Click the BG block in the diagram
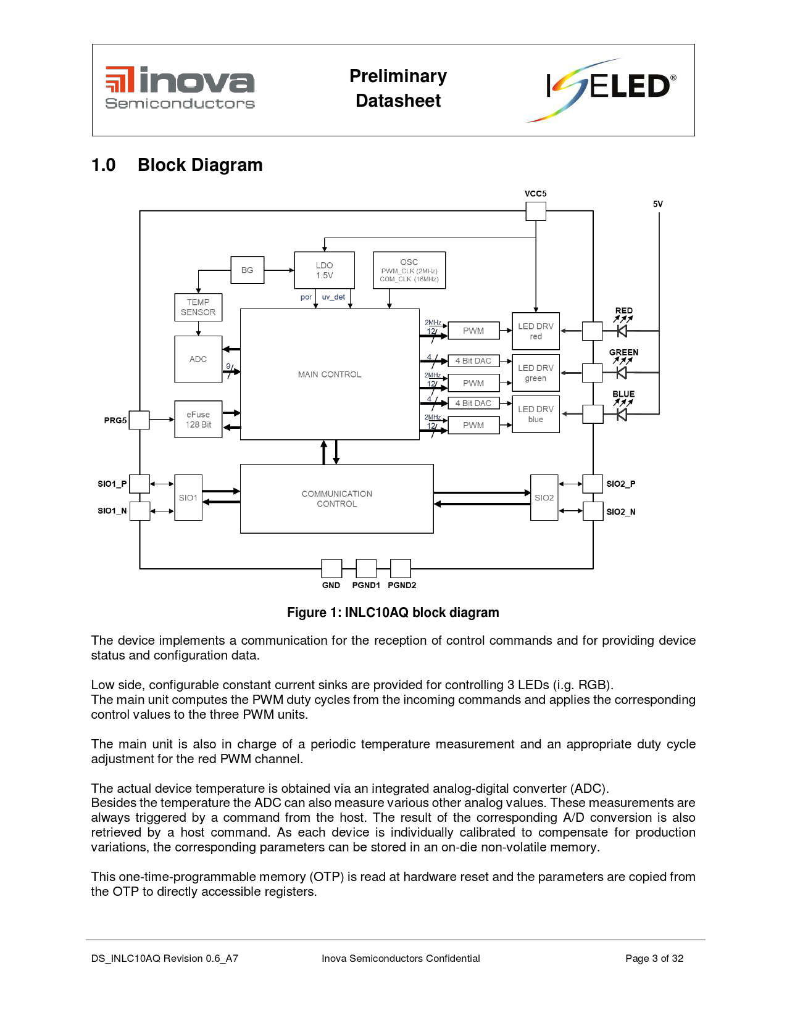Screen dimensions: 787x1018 point(247,270)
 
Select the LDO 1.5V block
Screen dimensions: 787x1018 point(324,270)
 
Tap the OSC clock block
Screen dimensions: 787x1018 point(409,270)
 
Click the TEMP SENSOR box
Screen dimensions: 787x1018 point(198,307)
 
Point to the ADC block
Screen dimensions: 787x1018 point(198,359)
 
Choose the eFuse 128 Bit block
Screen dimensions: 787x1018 point(198,420)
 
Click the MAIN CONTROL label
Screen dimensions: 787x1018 point(330,375)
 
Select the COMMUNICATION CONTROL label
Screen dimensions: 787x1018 point(337,499)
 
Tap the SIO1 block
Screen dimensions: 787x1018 point(188,497)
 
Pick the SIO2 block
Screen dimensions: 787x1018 point(544,497)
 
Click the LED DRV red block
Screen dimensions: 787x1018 point(536,331)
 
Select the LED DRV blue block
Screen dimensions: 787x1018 point(536,414)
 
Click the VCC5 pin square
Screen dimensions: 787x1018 point(536,211)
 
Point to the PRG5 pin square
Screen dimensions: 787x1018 point(139,420)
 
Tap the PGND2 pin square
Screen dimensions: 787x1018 point(401,569)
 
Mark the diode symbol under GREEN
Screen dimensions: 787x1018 point(622,373)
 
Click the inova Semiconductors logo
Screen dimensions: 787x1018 point(180,88)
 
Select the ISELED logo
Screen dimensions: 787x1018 point(602,90)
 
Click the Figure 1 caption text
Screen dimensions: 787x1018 point(393,613)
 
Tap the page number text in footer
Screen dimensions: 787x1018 point(654,959)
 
